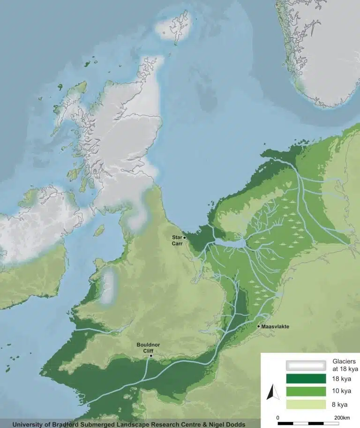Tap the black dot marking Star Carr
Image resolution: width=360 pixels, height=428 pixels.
[185, 238]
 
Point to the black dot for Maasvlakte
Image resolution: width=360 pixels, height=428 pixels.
[259, 326]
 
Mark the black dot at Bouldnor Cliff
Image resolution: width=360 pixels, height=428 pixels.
[151, 356]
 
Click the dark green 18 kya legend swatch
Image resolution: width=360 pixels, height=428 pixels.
[306, 378]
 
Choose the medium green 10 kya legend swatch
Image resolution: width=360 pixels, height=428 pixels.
[306, 391]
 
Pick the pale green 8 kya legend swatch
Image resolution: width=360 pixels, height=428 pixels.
[306, 404]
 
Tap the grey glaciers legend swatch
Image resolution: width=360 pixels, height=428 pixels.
[306, 365]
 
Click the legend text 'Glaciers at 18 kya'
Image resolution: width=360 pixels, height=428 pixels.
[345, 365]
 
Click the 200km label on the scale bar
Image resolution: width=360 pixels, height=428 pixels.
[341, 418]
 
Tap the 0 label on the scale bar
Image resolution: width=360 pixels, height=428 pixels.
[278, 418]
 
